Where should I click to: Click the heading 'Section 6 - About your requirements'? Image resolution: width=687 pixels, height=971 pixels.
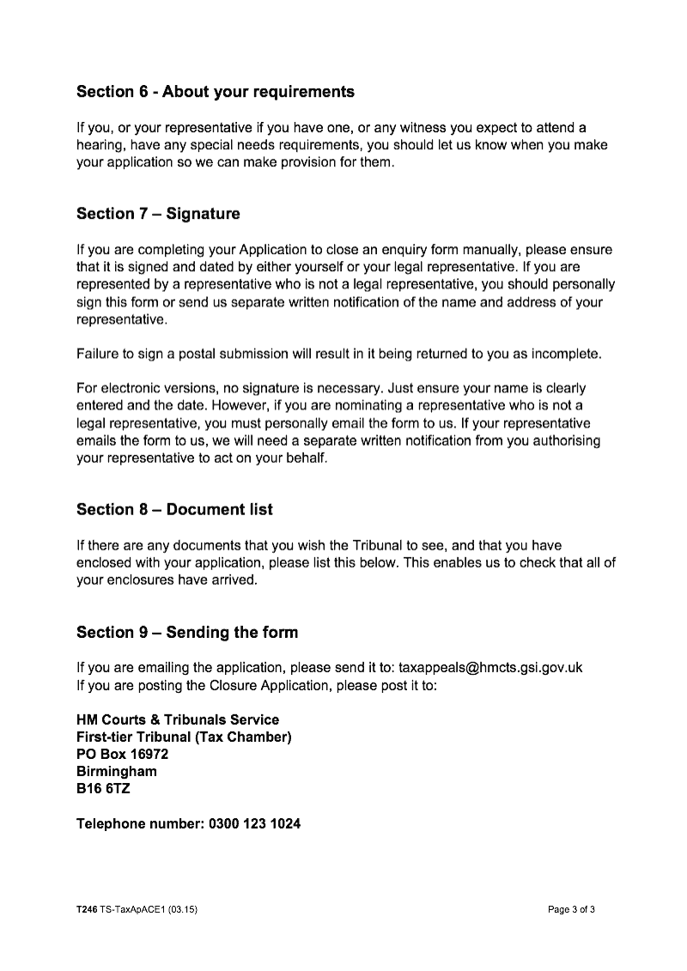point(215,91)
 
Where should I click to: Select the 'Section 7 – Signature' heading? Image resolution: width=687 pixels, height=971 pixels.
point(158,214)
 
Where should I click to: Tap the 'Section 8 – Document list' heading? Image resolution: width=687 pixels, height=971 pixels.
point(174,510)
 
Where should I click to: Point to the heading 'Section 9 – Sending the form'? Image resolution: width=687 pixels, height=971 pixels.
point(187,633)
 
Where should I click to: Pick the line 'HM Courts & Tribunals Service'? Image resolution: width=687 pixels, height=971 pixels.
point(178,719)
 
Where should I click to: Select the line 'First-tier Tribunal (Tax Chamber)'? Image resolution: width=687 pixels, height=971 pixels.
point(185,737)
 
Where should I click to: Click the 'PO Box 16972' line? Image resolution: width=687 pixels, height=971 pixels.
point(122,755)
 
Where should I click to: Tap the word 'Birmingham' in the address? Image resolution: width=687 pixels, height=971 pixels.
point(117,772)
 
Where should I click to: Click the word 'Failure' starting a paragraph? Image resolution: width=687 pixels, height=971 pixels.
point(99,355)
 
